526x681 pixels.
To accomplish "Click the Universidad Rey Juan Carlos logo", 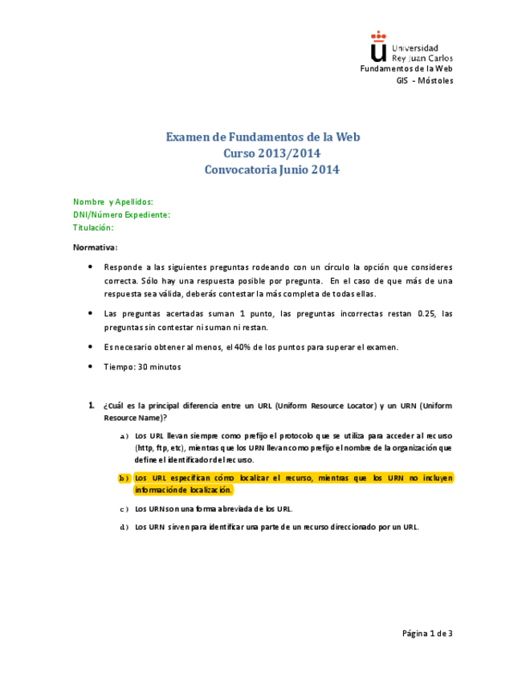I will (x=411, y=47).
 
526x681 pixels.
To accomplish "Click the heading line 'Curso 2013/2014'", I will (x=263, y=153).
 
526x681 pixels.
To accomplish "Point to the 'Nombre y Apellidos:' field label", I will (x=113, y=202).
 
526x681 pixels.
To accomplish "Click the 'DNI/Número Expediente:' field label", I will (x=121, y=214).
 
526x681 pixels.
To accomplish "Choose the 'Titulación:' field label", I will (x=93, y=227).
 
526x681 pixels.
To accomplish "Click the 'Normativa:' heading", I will (x=95, y=247).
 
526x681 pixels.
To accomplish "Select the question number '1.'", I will (x=92, y=406).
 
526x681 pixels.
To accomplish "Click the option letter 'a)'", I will (x=124, y=435).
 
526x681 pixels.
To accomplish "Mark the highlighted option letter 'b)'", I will (x=124, y=478).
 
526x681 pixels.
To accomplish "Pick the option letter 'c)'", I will (x=124, y=508).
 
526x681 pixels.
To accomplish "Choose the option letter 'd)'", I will (x=124, y=527).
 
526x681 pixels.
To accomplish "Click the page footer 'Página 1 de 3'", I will (x=427, y=633).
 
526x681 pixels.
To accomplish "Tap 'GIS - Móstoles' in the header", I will (x=425, y=80).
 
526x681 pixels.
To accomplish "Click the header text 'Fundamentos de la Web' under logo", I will (x=407, y=68).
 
